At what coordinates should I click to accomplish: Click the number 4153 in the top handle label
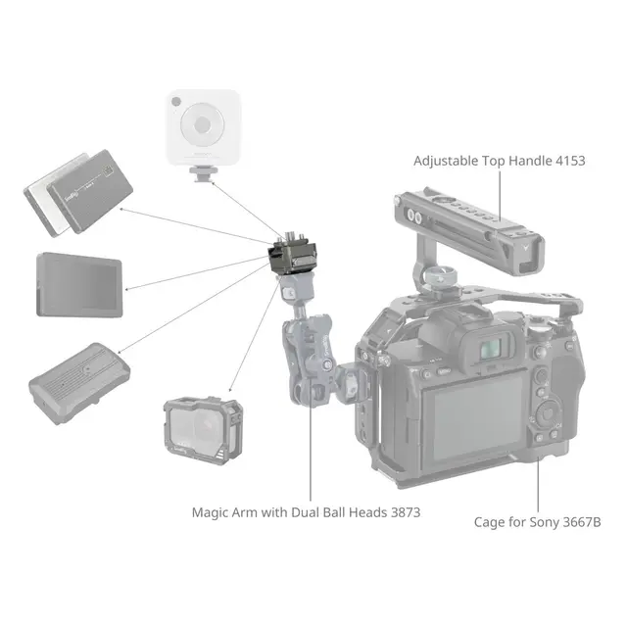(x=567, y=160)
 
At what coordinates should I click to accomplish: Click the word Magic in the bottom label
(x=212, y=510)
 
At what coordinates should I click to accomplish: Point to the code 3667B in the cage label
(x=579, y=522)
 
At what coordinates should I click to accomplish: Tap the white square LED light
(x=203, y=124)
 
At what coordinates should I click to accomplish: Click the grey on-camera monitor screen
(x=79, y=285)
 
